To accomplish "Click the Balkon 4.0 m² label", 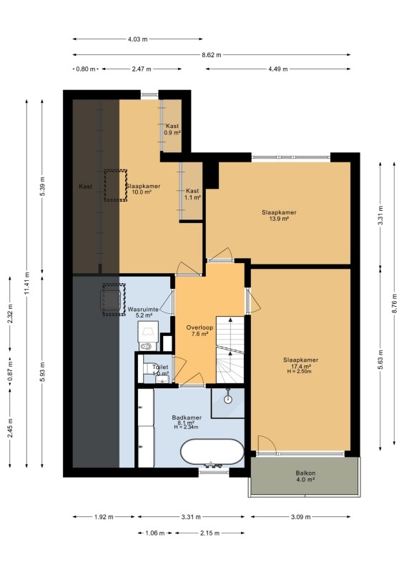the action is pos(305,476).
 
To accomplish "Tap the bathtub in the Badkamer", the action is pos(212,452).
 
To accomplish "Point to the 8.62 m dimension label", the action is pos(212,55).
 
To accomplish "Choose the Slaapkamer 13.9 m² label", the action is pos(279,216).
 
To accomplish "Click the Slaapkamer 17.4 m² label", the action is pos(301,363).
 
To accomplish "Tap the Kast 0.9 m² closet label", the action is pos(172,129).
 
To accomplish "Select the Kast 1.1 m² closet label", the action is pos(192,194).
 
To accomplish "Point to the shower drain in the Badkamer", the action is pos(228,399).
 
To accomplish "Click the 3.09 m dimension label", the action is pos(300,516).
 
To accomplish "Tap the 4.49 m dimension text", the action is pos(277,69).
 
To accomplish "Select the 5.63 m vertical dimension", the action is pos(380,360).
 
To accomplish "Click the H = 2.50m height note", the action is pos(300,372).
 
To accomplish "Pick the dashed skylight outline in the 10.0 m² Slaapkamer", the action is pos(115,185).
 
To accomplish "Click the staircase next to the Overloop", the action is pos(230,350).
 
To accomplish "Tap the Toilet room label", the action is pos(160,367).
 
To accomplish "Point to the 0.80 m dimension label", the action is pos(85,69).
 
